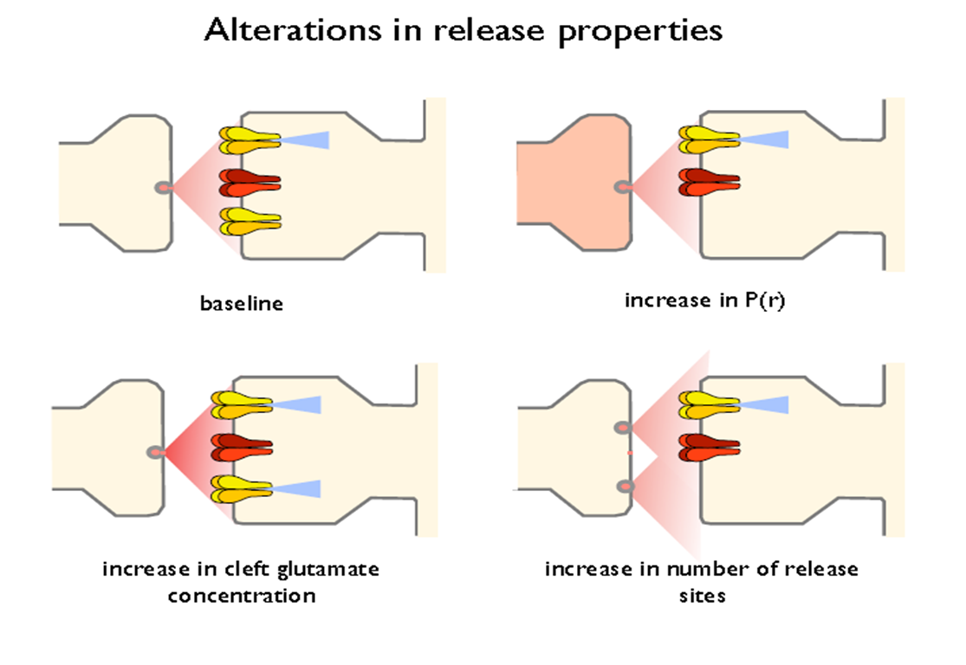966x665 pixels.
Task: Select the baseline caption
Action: (242, 304)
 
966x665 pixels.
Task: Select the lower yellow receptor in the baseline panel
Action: (250, 220)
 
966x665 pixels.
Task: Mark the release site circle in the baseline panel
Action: (162, 187)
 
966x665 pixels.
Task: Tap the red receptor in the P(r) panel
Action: (709, 182)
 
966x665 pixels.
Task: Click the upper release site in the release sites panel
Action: (622, 427)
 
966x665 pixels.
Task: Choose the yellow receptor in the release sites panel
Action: (709, 403)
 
